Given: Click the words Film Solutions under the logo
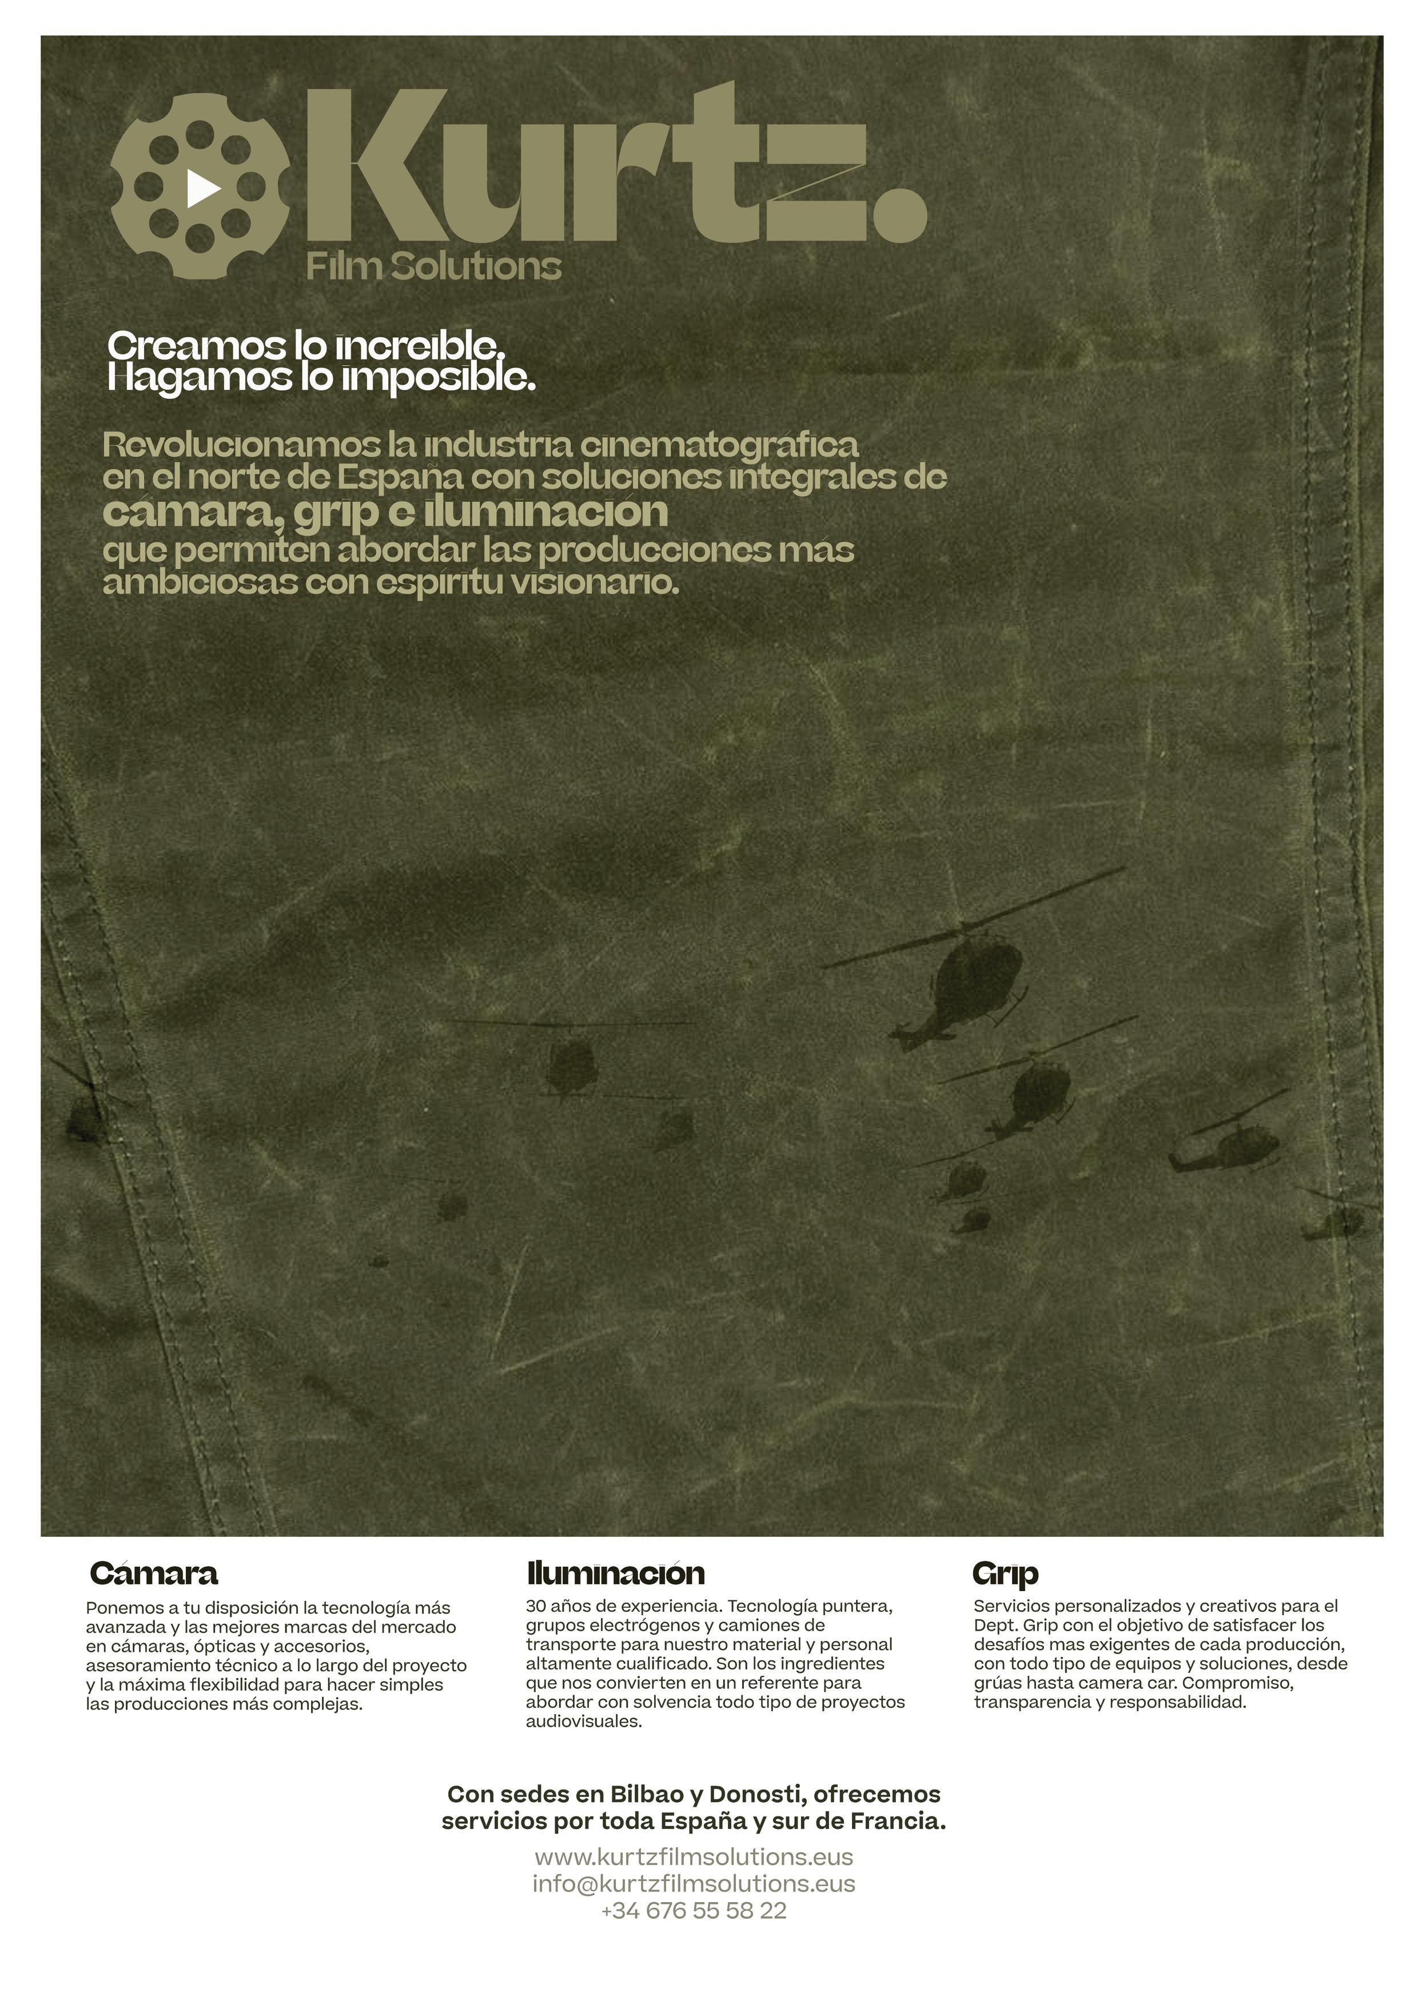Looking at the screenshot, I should click(433, 266).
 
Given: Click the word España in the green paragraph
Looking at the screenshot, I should click(400, 478).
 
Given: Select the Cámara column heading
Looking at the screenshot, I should click(154, 1573).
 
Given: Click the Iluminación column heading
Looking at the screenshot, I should click(615, 1573).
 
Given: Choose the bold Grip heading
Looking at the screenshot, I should click(1005, 1573).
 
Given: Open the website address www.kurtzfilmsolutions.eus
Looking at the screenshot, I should click(694, 1856).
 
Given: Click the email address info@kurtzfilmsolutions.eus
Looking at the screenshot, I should click(694, 1884).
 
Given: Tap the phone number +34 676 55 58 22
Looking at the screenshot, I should click(694, 1911).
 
